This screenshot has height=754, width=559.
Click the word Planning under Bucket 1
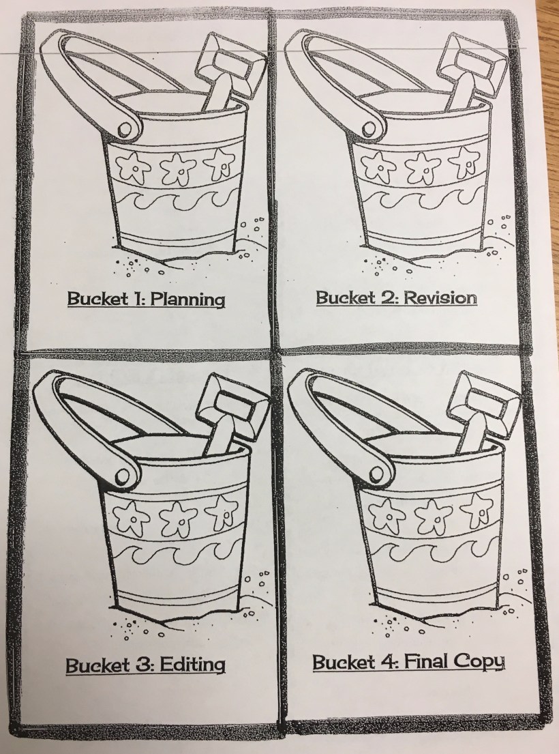(x=187, y=299)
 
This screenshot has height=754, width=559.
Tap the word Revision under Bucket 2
(x=440, y=298)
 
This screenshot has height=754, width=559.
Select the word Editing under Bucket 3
(x=192, y=665)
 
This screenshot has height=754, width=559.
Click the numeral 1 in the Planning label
(x=137, y=299)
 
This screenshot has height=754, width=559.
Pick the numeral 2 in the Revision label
(x=388, y=298)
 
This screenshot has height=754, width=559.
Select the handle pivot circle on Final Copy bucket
(x=378, y=474)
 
